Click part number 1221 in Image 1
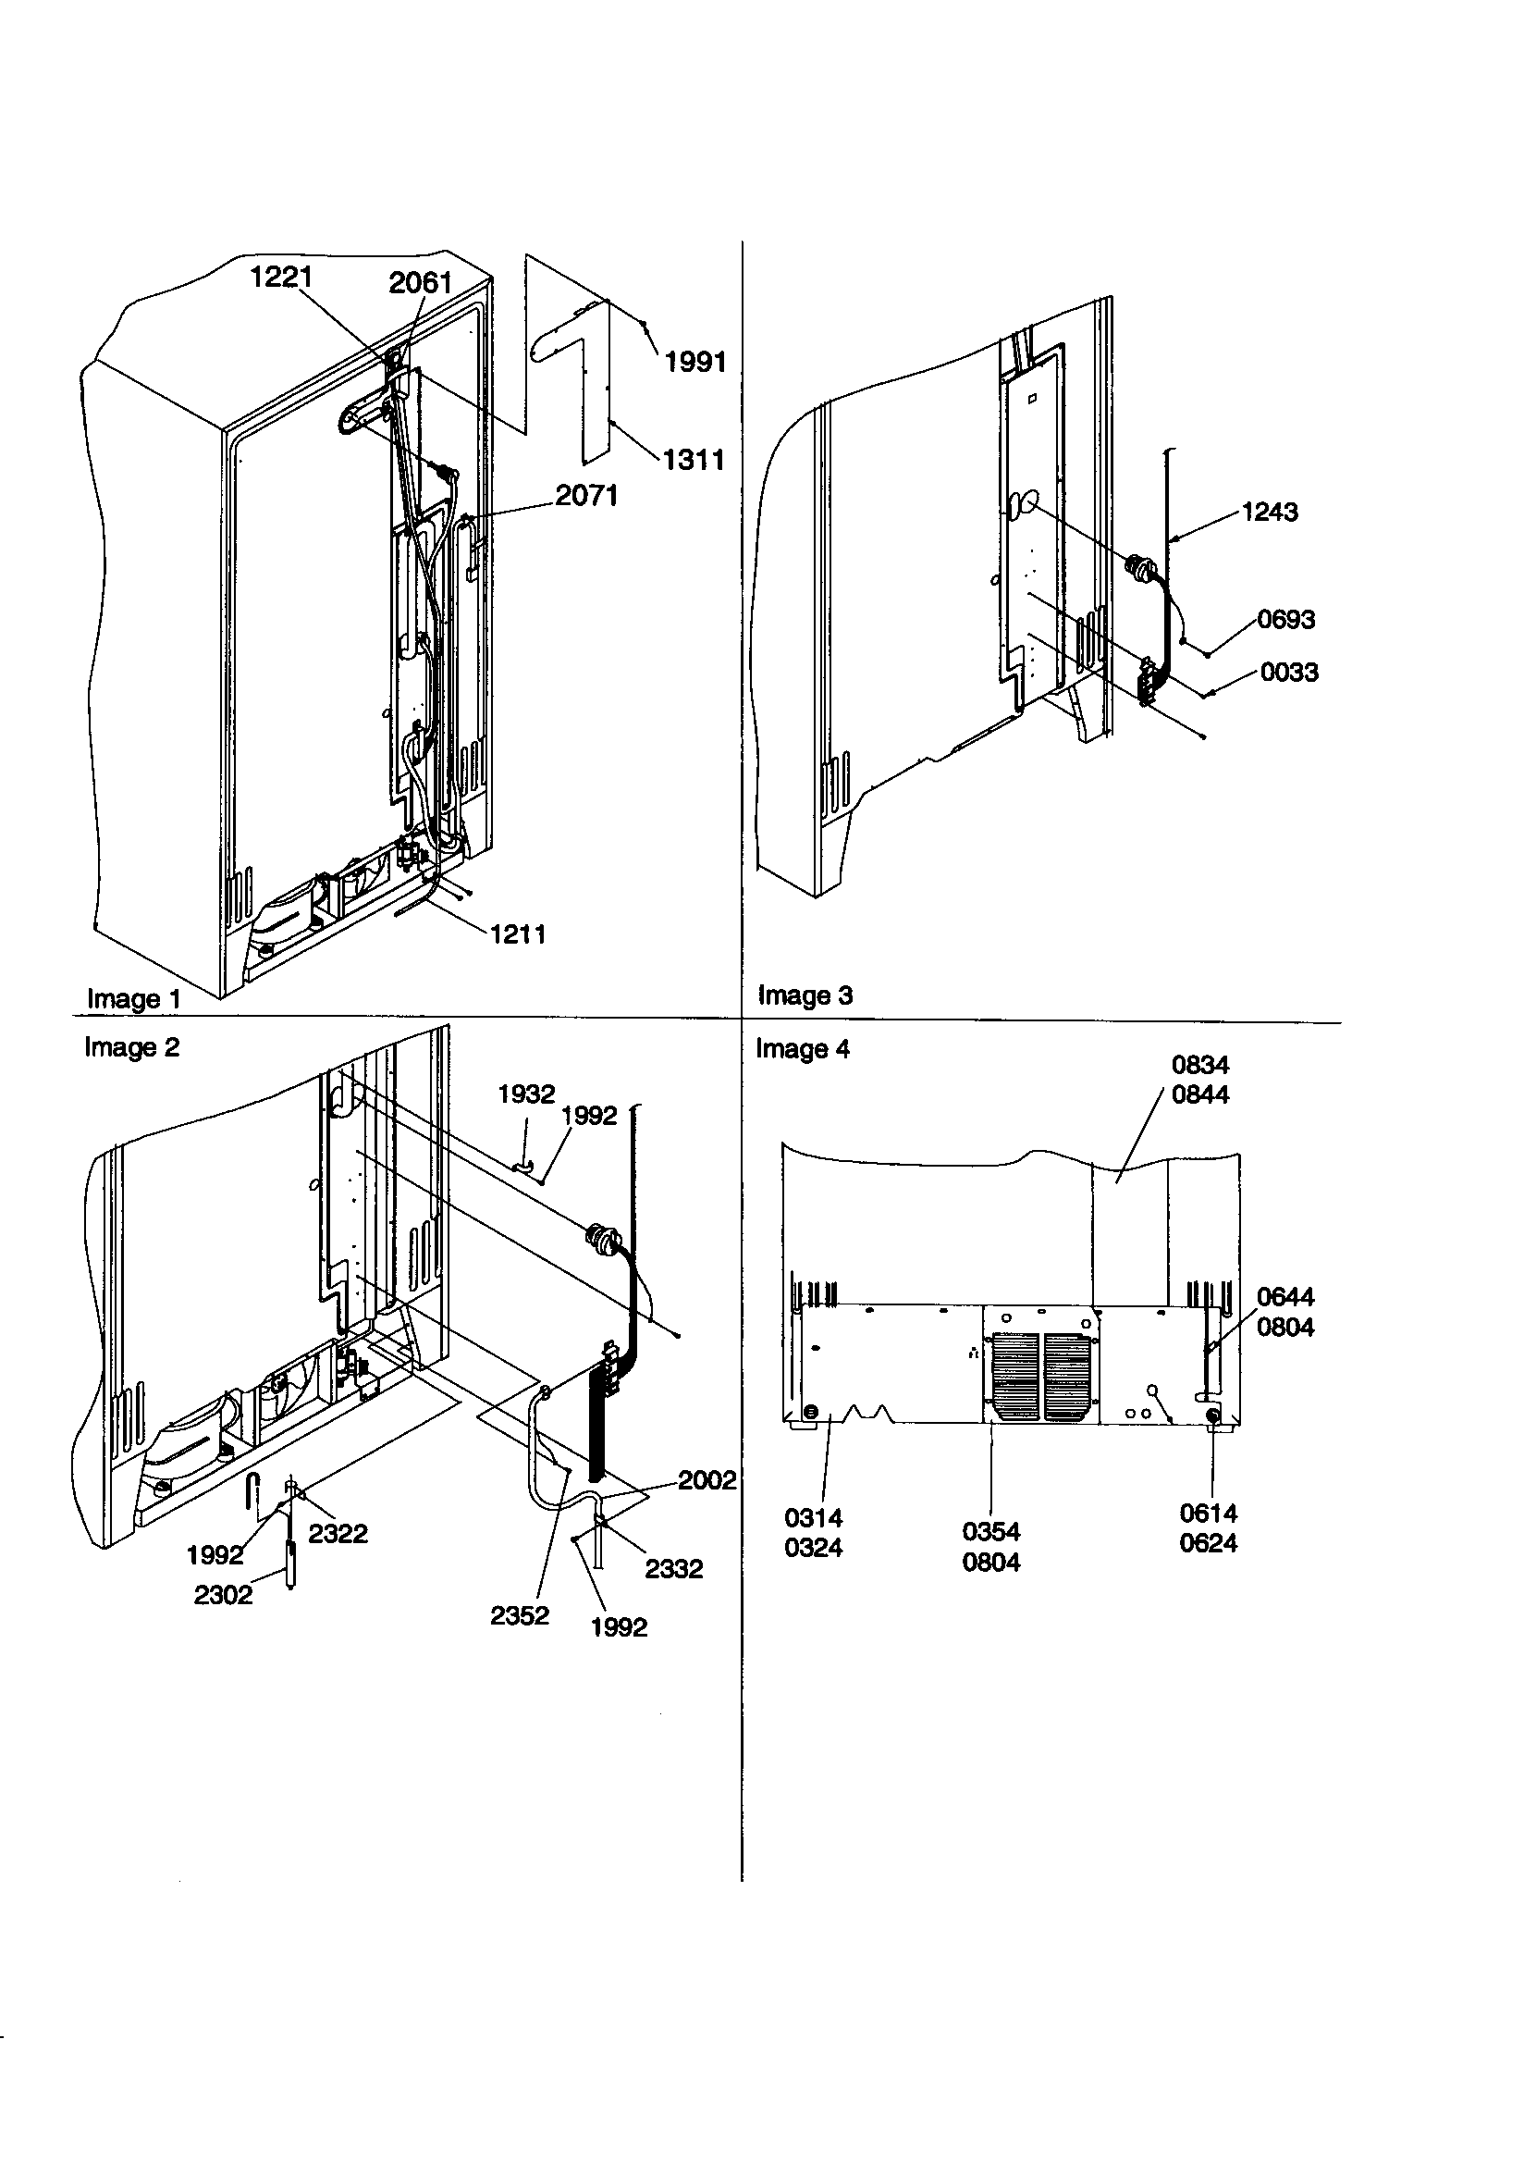(281, 277)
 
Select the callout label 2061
(420, 281)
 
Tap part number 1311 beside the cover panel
(694, 460)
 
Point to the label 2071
(586, 495)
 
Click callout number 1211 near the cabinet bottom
(517, 934)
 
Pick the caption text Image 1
(133, 998)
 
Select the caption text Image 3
(805, 995)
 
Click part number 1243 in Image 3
(1269, 512)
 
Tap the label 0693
(1285, 619)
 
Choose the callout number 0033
(1288, 672)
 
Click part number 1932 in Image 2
(525, 1094)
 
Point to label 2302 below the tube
(223, 1594)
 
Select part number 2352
(519, 1614)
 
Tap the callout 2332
(673, 1568)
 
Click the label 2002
(707, 1480)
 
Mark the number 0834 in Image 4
(1200, 1065)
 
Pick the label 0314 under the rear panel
(813, 1517)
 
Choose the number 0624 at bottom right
(1208, 1543)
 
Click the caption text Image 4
(803, 1048)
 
